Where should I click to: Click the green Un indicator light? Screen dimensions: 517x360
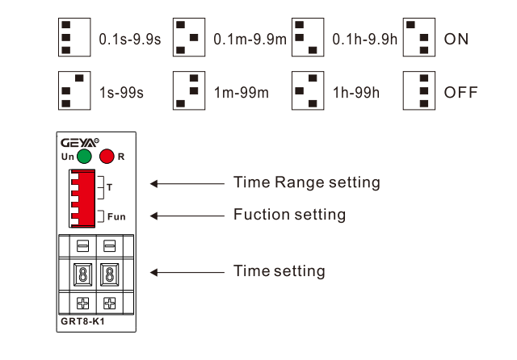(84, 156)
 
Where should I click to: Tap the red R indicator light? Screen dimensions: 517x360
(107, 156)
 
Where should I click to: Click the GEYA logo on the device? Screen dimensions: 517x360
(79, 143)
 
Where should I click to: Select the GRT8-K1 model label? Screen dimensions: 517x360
(82, 321)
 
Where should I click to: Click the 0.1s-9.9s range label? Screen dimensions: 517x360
(130, 40)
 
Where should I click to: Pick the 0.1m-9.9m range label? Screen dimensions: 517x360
(250, 40)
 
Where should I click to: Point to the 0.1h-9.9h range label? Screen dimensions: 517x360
(364, 40)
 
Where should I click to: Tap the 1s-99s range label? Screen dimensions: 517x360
(121, 93)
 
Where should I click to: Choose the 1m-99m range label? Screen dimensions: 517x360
(242, 93)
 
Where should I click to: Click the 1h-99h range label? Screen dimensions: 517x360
(356, 93)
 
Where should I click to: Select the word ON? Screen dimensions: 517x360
(456, 40)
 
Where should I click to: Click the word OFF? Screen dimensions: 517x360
(461, 93)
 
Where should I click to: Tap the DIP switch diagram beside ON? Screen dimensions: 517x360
(419, 37)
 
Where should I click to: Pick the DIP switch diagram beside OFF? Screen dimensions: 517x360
(419, 90)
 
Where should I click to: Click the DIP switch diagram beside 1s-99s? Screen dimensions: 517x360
(74, 90)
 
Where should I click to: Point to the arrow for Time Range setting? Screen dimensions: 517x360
(187, 183)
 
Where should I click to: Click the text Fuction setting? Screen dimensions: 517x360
(289, 215)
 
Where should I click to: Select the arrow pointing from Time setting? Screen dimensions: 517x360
(187, 272)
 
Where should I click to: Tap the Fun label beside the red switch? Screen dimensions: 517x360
(116, 216)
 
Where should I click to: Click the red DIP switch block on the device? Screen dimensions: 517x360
(82, 199)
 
